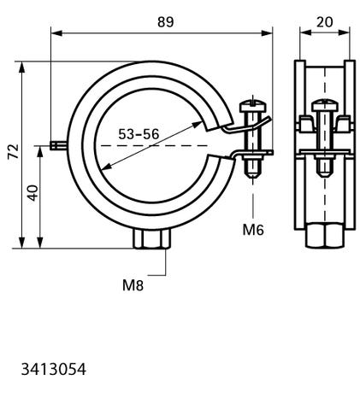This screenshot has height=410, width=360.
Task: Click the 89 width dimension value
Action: pos(165,22)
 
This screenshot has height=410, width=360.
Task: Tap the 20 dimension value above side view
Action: pos(324,22)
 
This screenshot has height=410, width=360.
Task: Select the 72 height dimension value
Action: pos(14,151)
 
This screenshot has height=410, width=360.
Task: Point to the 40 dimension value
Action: pos(33,193)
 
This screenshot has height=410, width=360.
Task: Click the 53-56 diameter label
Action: pos(139,134)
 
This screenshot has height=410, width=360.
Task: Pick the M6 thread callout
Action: pos(253,230)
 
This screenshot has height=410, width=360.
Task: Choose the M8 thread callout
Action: pos(133,285)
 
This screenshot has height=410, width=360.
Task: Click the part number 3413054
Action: pos(53,370)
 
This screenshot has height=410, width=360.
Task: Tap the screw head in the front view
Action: pos(253,106)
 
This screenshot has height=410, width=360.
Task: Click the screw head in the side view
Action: pos(325,105)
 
